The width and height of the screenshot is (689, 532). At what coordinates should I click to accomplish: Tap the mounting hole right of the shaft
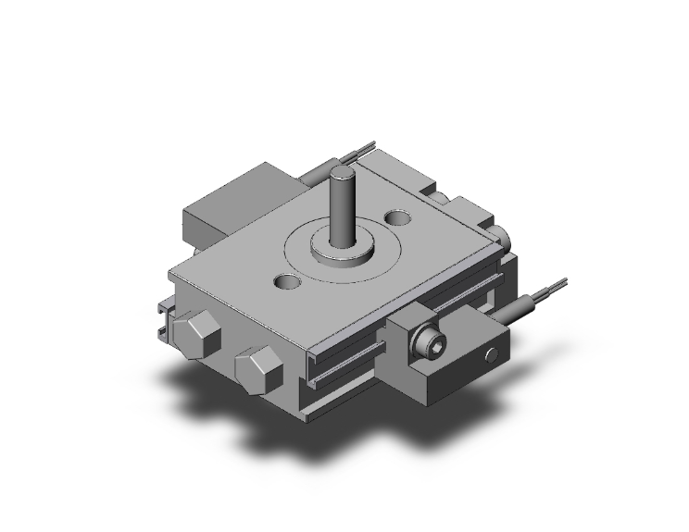[399, 219]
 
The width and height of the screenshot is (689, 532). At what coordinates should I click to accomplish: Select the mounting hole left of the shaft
[286, 279]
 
